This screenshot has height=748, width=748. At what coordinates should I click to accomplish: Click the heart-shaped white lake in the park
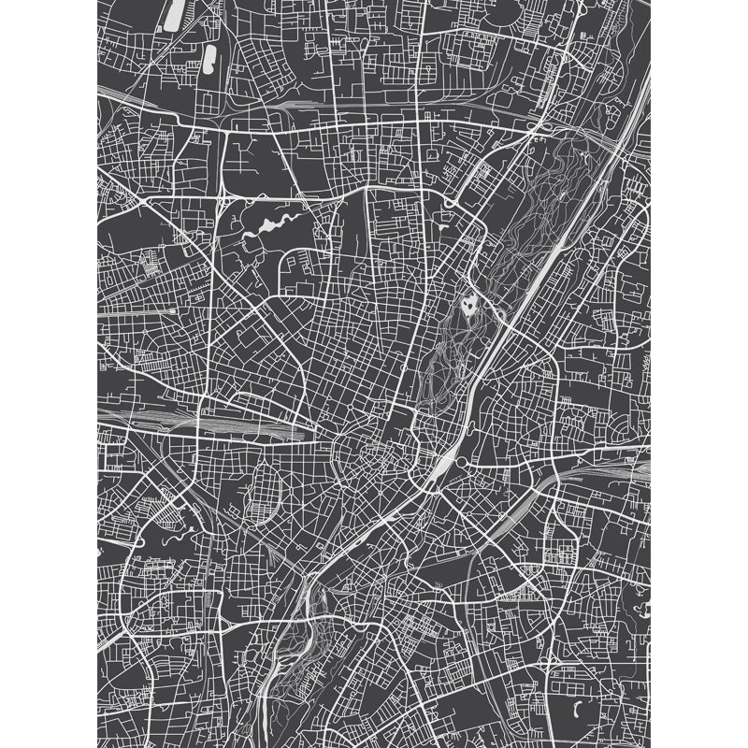pyautogui.click(x=468, y=305)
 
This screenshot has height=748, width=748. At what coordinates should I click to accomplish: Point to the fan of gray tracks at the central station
pyautogui.click(x=234, y=425)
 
